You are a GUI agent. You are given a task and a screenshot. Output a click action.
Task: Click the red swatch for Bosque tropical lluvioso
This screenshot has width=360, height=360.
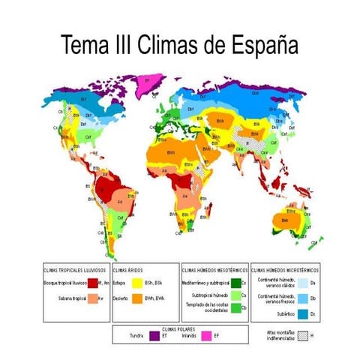[x=93, y=283]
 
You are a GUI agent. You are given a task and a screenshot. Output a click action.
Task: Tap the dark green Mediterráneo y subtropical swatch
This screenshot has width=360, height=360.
[x=235, y=283]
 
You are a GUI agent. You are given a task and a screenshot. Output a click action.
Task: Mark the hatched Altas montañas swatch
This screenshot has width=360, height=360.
[x=303, y=335]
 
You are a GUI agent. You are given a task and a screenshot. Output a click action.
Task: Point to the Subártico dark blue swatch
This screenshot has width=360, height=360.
[x=303, y=313]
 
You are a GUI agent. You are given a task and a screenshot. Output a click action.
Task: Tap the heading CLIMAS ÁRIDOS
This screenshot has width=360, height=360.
[x=128, y=269]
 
